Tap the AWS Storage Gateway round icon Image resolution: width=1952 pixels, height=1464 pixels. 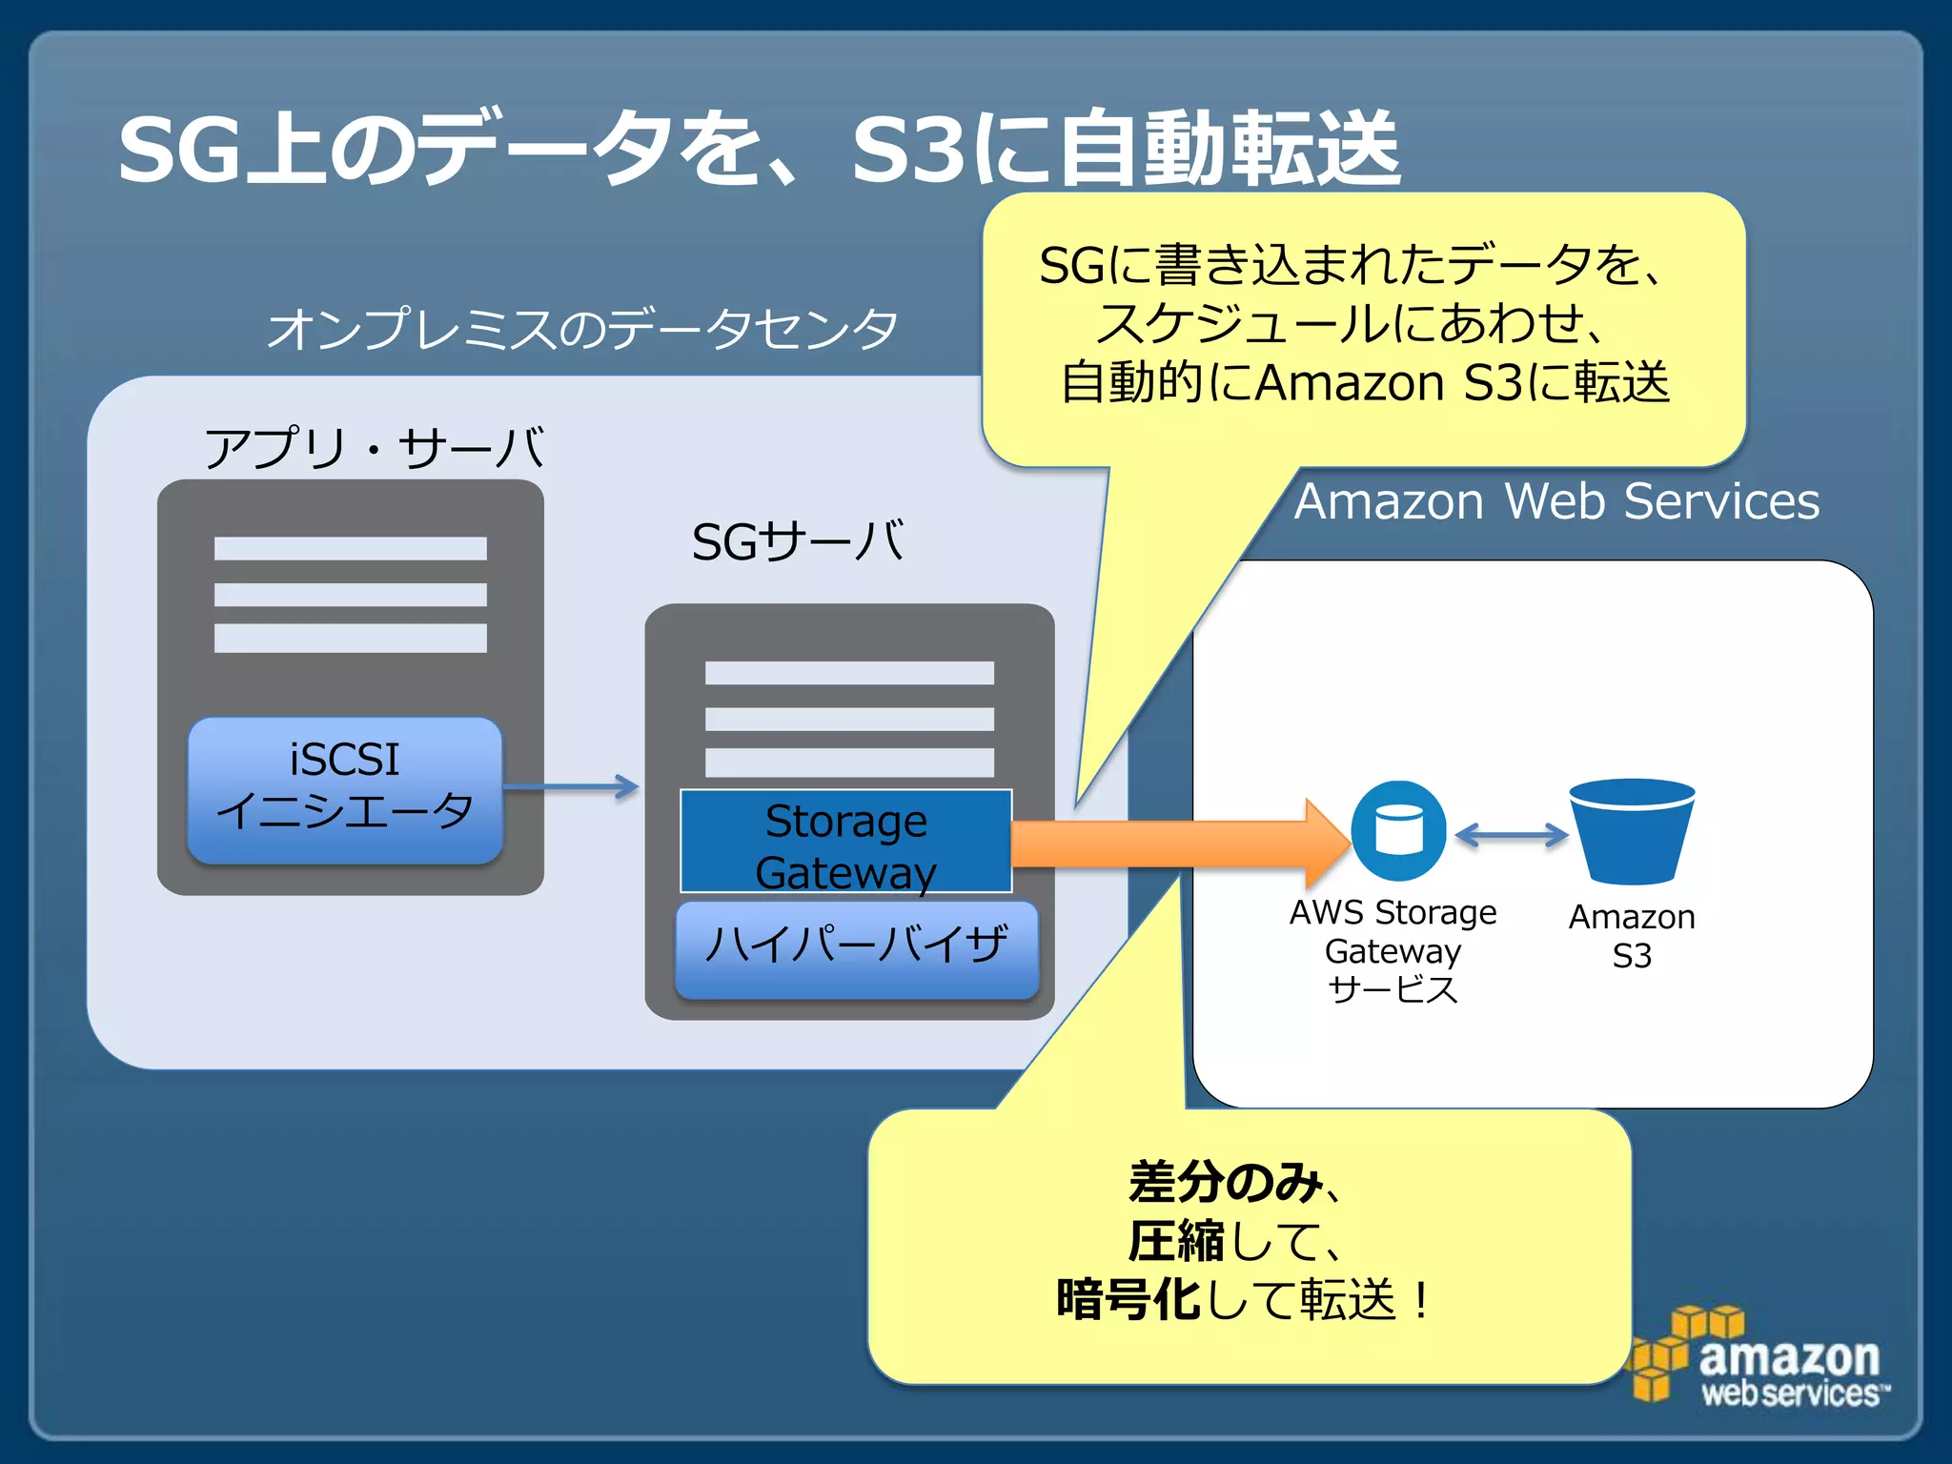tap(1398, 830)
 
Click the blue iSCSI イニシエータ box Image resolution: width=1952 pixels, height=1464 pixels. tap(345, 789)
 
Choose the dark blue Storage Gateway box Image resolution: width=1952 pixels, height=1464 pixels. tap(845, 842)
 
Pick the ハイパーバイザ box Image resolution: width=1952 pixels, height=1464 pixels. tap(856, 947)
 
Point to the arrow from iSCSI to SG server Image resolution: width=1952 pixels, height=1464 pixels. tap(570, 786)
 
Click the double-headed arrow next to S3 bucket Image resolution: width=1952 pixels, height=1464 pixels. tap(1511, 836)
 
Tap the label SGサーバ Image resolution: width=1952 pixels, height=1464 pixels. tap(798, 541)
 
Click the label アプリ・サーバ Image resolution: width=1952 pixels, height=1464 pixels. tap(374, 448)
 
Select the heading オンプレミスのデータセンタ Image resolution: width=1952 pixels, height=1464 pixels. tap(581, 329)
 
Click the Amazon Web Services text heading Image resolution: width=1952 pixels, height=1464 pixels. tap(1555, 501)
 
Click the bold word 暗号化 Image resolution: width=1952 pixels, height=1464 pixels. tap(1128, 1299)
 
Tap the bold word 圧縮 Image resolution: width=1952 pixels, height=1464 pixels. tap(1175, 1241)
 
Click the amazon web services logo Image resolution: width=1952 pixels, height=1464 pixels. tap(1759, 1358)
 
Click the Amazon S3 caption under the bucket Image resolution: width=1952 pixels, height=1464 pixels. tap(1632, 936)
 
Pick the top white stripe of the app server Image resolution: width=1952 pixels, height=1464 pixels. tap(350, 548)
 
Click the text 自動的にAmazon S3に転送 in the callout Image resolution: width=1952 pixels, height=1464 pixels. tap(1364, 383)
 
